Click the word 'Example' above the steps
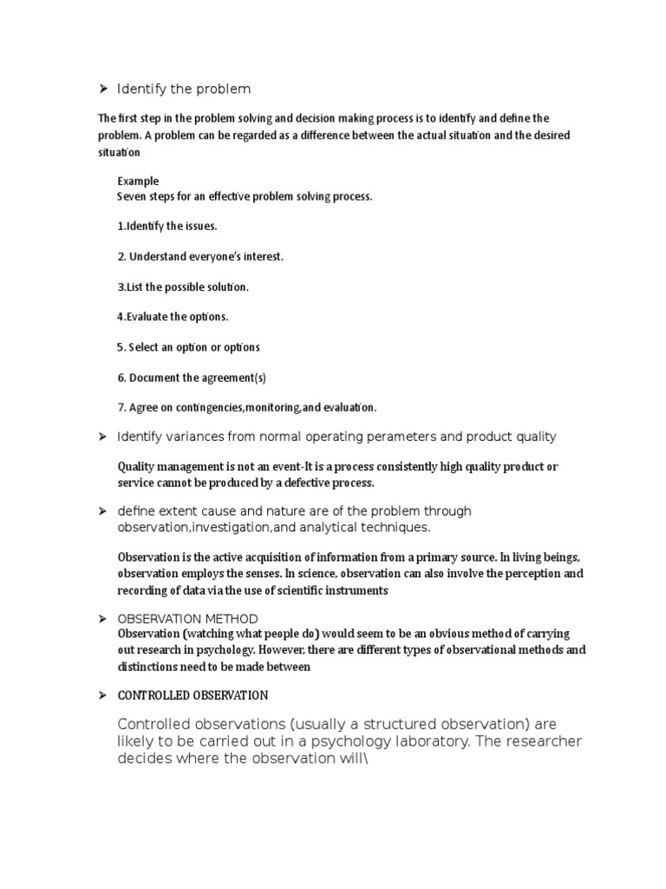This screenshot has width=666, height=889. click(x=138, y=181)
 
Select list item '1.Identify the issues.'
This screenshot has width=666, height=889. click(x=167, y=227)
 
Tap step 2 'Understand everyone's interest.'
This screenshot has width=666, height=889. click(x=200, y=256)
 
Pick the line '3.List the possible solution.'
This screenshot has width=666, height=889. click(x=183, y=286)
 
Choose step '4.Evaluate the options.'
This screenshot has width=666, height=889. click(x=173, y=317)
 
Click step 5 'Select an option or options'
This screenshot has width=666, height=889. click(x=188, y=347)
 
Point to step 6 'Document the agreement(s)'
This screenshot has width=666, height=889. click(x=192, y=378)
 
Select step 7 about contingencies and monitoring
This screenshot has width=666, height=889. click(x=247, y=407)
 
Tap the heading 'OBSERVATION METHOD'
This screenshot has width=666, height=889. click(x=187, y=619)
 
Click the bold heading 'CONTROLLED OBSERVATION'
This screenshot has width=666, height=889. click(x=193, y=695)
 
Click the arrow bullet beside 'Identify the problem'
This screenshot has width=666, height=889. click(x=101, y=89)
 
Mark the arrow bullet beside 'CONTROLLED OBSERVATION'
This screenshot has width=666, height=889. click(x=101, y=695)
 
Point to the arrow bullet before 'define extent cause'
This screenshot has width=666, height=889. click(x=101, y=510)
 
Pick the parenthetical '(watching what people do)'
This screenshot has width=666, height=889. click(x=247, y=635)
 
